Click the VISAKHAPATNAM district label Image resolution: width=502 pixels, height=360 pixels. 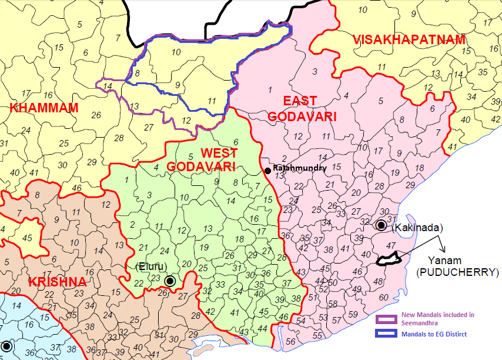click(x=409, y=40)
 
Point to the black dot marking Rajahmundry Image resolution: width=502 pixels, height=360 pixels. click(x=267, y=171)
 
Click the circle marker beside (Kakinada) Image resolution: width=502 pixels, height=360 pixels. click(x=381, y=225)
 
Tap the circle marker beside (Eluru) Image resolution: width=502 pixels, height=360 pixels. click(x=170, y=281)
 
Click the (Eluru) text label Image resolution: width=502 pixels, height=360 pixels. click(x=151, y=266)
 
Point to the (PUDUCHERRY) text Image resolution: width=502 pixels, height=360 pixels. click(x=449, y=272)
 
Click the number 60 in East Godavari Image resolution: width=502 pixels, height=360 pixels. click(x=383, y=297)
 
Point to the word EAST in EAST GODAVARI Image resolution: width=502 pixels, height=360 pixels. click(x=300, y=101)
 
